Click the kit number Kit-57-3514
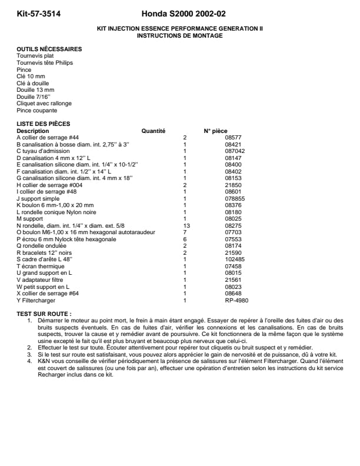pos(38,14)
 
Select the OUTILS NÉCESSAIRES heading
pos(49,49)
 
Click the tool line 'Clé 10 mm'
pos(31,76)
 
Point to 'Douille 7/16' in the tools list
pos(34,96)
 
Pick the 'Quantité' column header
pos(154,131)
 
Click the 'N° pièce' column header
pos(215,131)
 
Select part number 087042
pos(234,151)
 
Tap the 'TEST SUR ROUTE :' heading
pos(44,314)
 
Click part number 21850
pos(233,185)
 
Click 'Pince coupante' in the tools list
pos(37,110)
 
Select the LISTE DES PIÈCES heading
pos(44,124)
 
